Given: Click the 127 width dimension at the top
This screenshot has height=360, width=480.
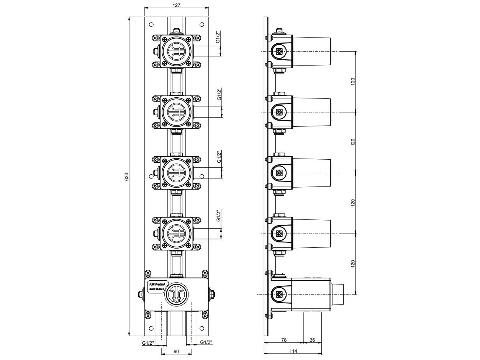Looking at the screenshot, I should coord(176,5).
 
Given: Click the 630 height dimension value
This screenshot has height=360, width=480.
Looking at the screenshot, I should coord(126,177).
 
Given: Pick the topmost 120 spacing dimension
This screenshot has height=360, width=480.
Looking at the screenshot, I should coord(353,82).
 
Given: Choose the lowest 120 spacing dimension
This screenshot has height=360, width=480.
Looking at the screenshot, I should coord(353,264).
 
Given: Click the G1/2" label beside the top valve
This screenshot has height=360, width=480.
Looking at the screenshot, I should coord(218,37).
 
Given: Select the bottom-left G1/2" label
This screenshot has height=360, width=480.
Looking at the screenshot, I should coord(148,343).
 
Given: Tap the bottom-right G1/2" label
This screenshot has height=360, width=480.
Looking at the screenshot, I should coord(206,343).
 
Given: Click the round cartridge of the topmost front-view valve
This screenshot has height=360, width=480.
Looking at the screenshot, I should coord(176,51).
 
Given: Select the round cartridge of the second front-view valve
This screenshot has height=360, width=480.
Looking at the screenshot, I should coord(176,112).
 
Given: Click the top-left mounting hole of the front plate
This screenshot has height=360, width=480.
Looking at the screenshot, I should coord(151,25).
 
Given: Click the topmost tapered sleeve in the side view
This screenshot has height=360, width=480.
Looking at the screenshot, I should coord(311,51).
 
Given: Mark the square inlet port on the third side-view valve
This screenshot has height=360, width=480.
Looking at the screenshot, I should coord(280,173).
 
